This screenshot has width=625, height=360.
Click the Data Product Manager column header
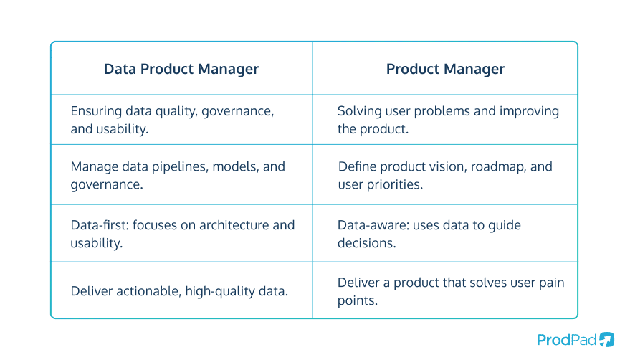pyautogui.click(x=181, y=70)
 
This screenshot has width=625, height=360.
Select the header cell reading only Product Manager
pyautogui.click(x=445, y=70)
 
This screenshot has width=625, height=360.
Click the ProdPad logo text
pyautogui.click(x=566, y=339)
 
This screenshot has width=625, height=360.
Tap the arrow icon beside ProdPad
pyautogui.click(x=606, y=339)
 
